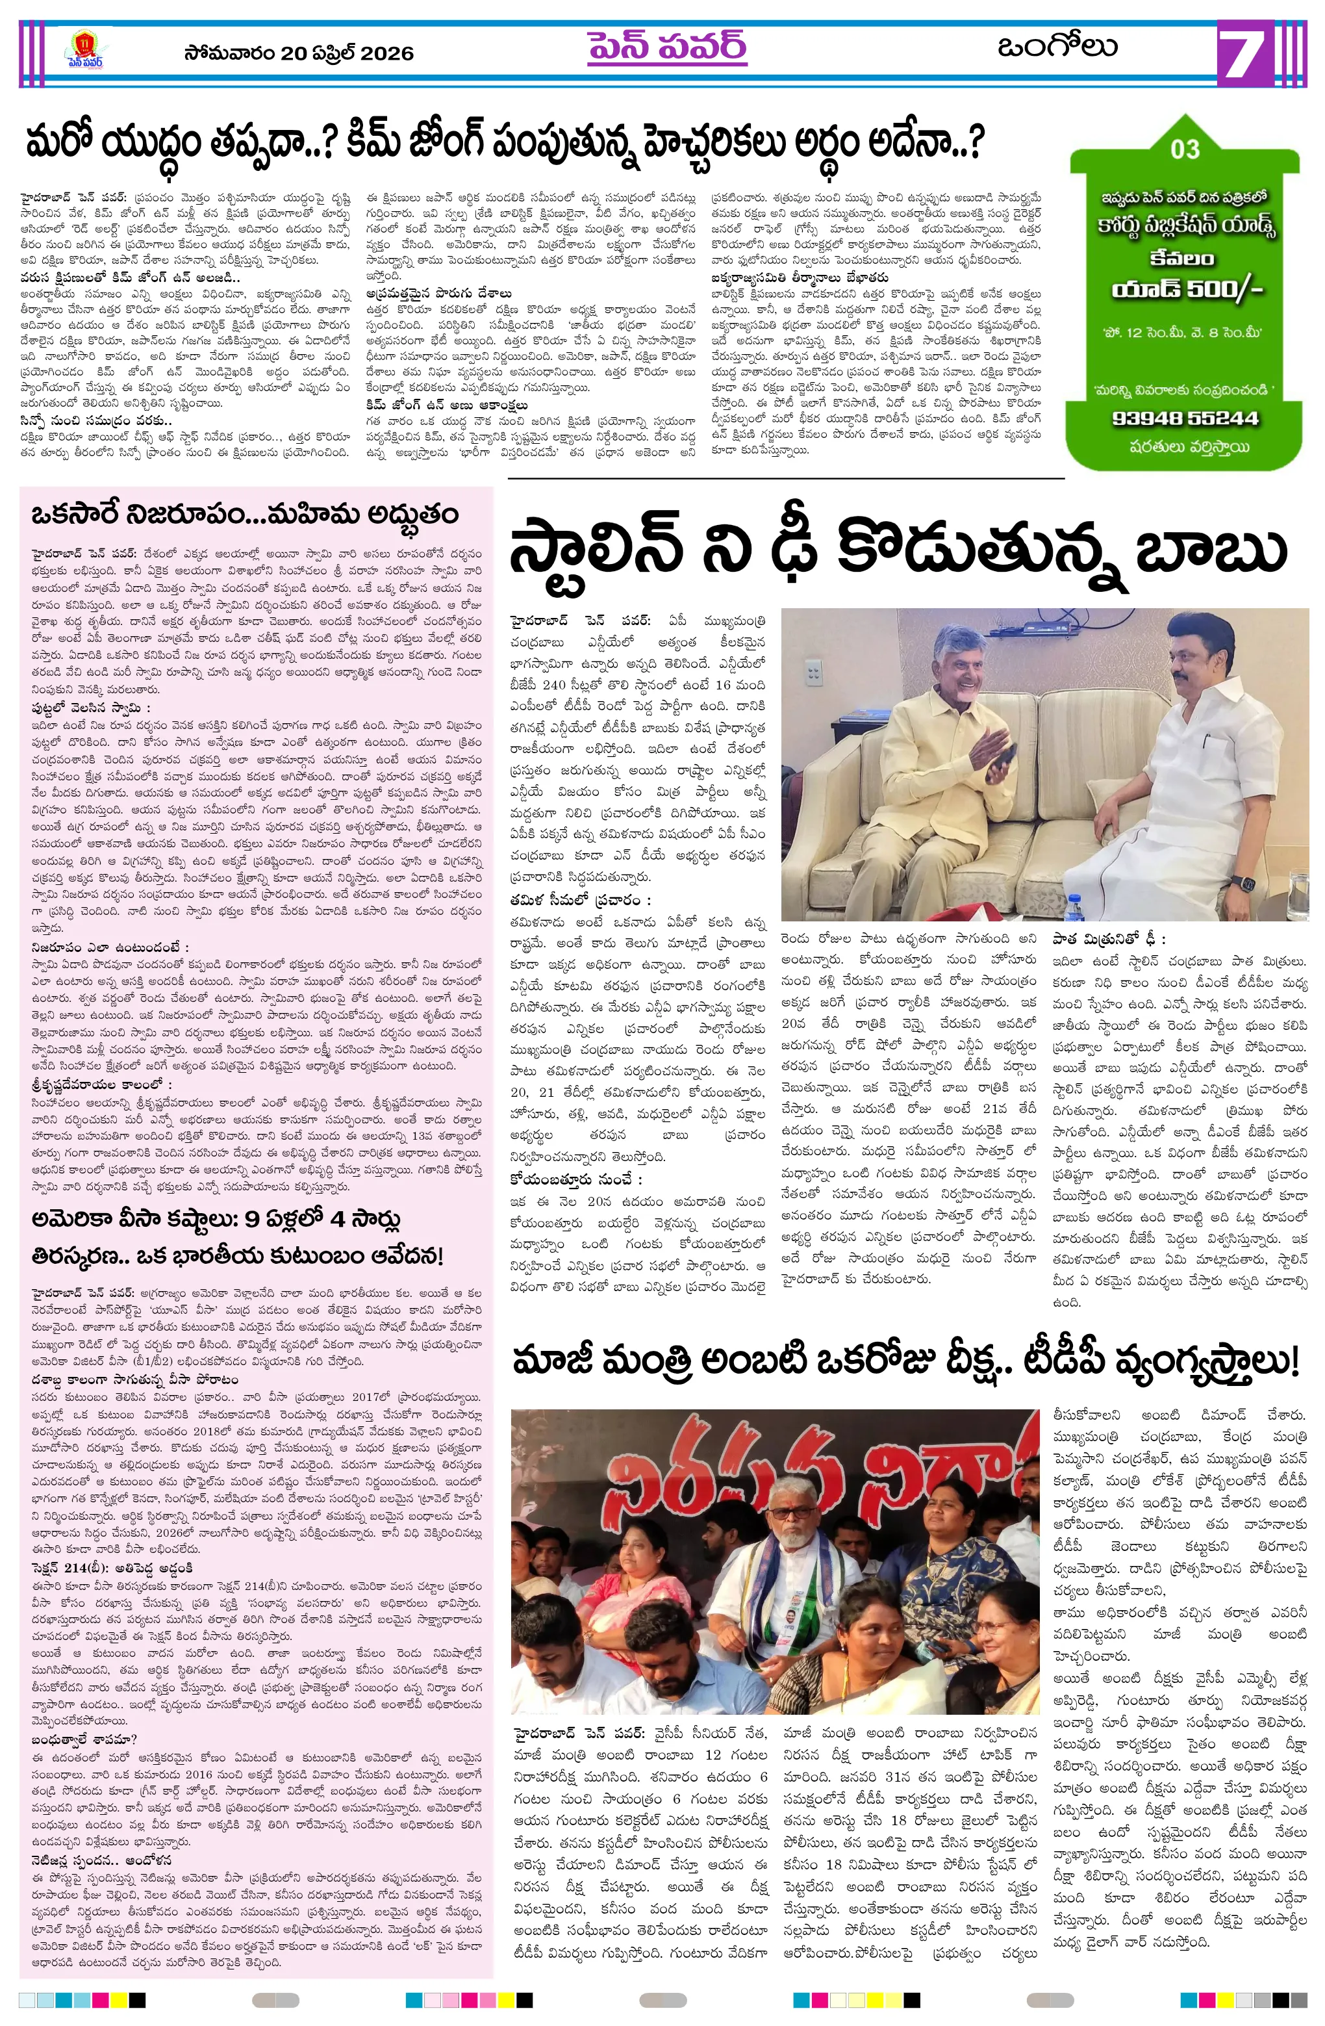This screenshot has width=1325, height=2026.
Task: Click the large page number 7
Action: point(1245,55)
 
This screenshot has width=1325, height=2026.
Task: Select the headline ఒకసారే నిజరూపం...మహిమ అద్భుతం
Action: point(244,514)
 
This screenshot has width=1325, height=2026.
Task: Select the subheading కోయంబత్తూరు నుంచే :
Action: point(576,1180)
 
